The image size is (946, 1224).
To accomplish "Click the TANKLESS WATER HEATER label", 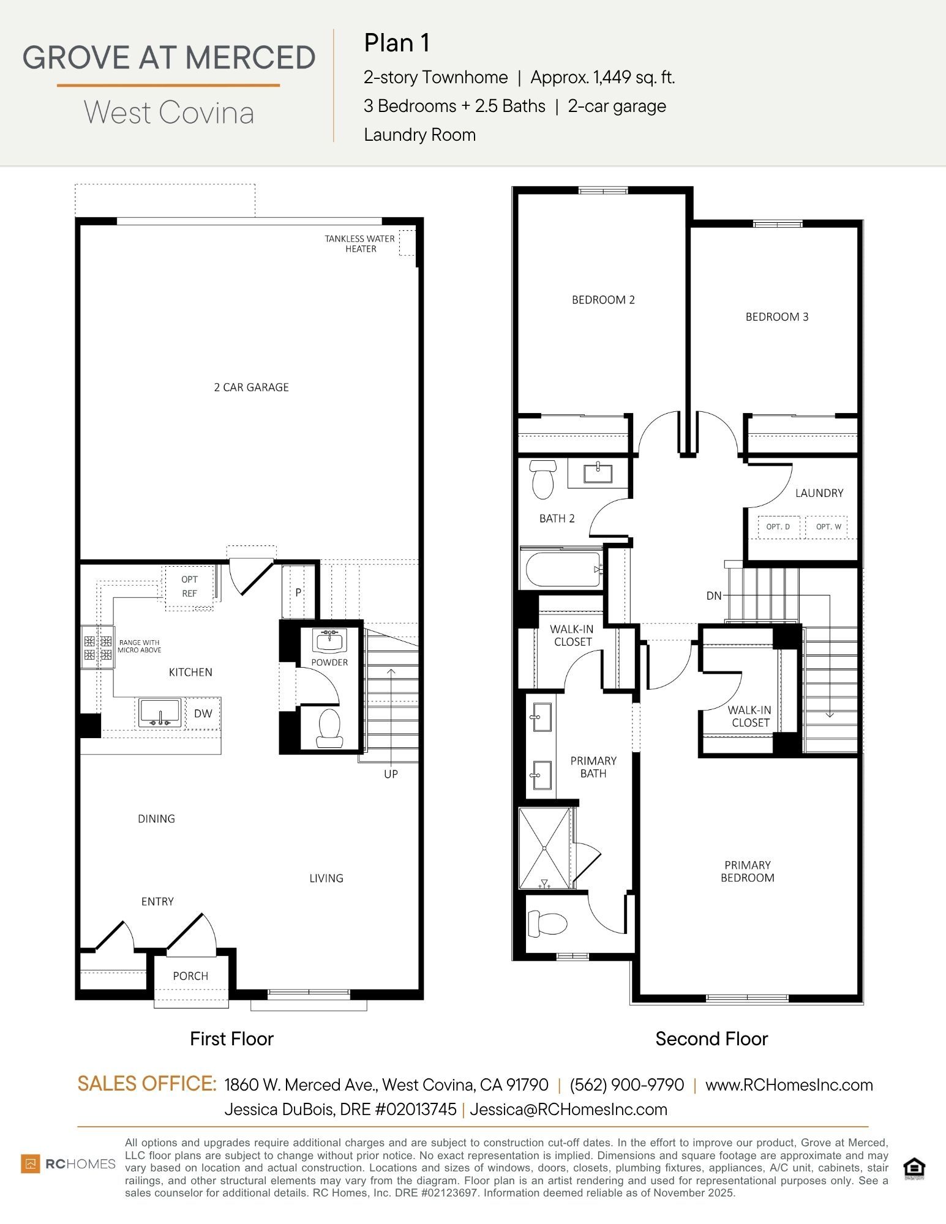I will tap(359, 244).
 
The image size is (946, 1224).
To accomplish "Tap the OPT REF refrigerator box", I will tap(189, 586).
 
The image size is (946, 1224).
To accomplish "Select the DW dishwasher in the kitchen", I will tap(203, 714).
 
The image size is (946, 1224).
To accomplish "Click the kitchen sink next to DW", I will tap(160, 713).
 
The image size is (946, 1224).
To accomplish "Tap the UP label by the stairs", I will tap(391, 774).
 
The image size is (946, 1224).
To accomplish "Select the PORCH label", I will tap(190, 976).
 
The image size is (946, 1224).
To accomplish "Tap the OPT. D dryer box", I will tap(778, 527).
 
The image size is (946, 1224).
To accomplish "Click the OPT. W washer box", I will tap(828, 527).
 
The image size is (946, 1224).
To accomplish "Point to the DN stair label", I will tap(714, 595).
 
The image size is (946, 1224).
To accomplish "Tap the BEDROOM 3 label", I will tap(776, 317).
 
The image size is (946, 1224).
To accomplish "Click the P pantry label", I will tap(298, 592).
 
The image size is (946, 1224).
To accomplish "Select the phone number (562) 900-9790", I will tap(626, 1085).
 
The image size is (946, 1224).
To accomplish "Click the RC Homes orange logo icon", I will tap(30, 1163).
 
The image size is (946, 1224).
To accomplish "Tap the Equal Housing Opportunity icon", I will tap(914, 1168).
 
